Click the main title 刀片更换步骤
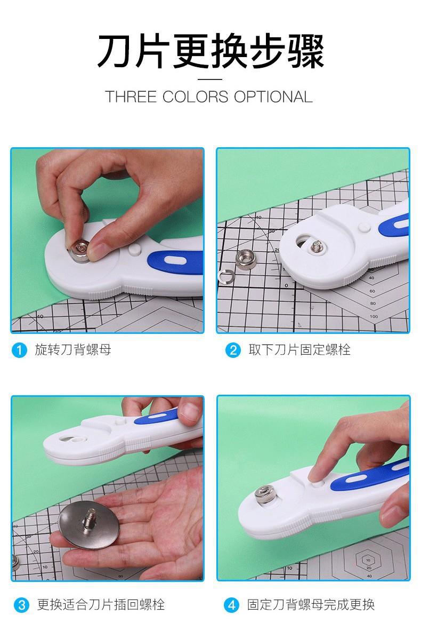[x=210, y=51]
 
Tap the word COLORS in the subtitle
[x=196, y=97]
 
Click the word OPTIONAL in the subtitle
[x=273, y=97]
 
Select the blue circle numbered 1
[x=19, y=350]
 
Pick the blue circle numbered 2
[x=233, y=350]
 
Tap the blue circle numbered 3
[x=21, y=605]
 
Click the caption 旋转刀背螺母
[x=73, y=350]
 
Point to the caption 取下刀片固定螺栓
[x=299, y=350]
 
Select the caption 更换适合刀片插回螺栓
[x=101, y=604]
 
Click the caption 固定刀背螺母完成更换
[x=311, y=604]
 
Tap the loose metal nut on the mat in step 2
[x=246, y=260]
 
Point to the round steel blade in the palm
[x=89, y=525]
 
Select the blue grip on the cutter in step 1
[x=176, y=262]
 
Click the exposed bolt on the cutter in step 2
[x=316, y=246]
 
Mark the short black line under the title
[x=210, y=79]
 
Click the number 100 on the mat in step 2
[x=374, y=316]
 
